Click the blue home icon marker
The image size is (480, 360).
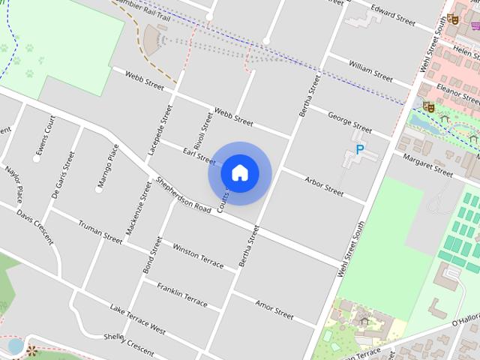coord(239,172)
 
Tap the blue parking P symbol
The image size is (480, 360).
coord(359,150)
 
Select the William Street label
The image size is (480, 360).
coord(370,72)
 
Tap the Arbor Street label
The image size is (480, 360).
coord(322,187)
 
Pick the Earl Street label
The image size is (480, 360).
coord(199,155)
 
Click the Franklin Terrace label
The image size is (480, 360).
coord(182,293)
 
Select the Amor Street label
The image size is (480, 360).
coord(274,308)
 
